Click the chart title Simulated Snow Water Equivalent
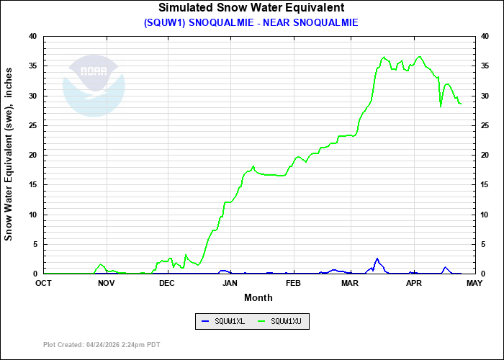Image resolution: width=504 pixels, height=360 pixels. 251,8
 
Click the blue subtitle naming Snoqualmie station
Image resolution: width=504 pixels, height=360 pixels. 251,22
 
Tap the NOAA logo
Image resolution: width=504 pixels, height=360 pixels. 94,86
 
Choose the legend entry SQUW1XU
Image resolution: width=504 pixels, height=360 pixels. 285,321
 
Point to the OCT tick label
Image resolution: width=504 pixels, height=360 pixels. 44,283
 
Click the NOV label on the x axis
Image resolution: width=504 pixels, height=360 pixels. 106,283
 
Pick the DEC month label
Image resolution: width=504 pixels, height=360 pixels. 167,283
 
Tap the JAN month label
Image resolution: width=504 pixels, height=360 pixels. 230,283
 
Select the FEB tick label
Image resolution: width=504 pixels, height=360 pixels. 292,283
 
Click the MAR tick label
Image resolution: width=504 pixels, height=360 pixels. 350,283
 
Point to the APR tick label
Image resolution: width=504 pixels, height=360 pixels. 413,283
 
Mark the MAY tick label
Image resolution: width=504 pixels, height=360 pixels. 474,283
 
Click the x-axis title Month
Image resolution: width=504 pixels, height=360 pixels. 258,297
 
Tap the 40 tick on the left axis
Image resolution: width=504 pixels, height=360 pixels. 32,36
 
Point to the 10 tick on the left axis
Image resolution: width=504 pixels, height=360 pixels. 32,215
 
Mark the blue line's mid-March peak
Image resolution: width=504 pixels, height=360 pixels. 377,258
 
